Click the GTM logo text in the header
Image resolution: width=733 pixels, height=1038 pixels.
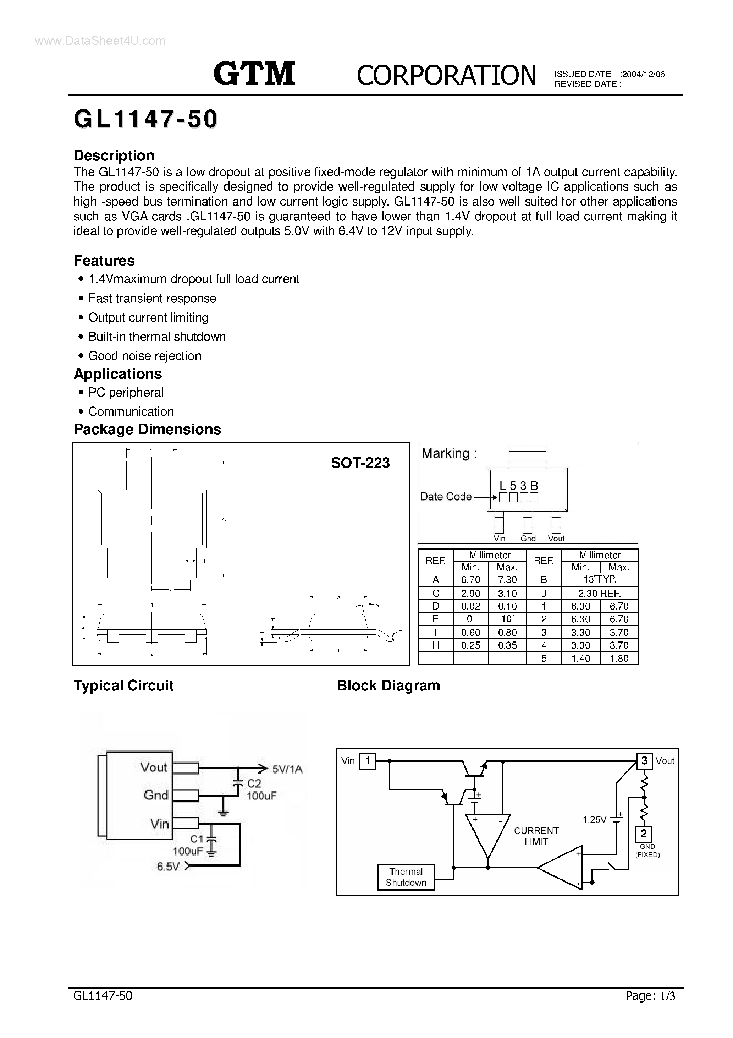(254, 74)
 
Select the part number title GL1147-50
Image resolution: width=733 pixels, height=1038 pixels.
(145, 120)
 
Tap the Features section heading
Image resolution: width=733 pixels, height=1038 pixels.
(104, 261)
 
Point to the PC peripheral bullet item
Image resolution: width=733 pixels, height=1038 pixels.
(126, 392)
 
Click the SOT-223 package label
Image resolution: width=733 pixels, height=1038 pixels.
(360, 463)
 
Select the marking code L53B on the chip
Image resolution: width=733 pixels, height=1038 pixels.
(518, 486)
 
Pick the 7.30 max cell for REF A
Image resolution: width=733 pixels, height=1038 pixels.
(507, 580)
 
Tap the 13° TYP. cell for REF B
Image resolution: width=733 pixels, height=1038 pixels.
(600, 580)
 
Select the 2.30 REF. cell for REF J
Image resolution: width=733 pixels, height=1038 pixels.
(600, 593)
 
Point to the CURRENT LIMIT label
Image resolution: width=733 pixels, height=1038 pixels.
(536, 836)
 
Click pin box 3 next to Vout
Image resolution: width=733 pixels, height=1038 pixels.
(644, 761)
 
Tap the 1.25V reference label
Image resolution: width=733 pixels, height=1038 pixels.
(594, 820)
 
